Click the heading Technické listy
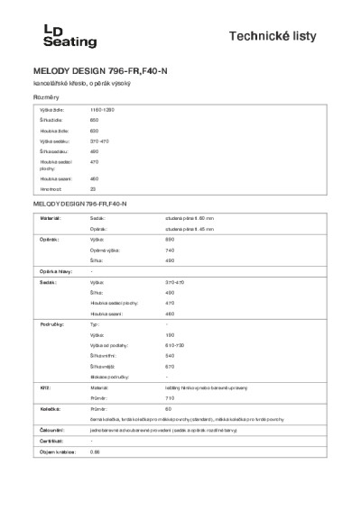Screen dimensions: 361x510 288,35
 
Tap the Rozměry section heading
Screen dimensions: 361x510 46,96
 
